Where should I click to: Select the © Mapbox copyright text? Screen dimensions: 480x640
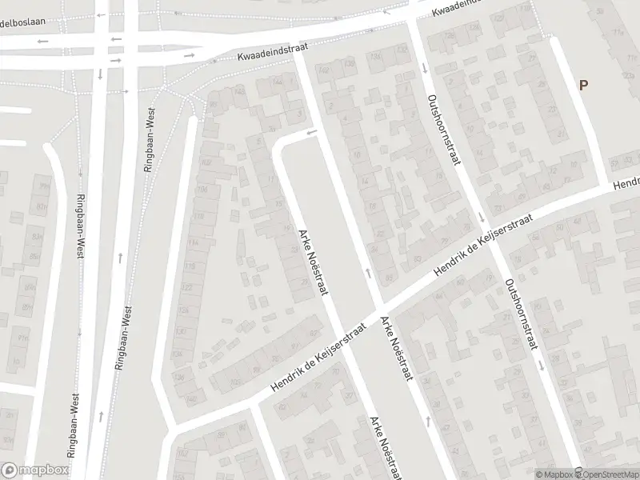(554, 474)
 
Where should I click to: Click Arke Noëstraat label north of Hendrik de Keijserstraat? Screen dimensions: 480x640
(314, 261)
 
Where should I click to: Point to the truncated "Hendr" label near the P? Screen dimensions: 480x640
(626, 181)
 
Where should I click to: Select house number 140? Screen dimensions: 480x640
(191, 398)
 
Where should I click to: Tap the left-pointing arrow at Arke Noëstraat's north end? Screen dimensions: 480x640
(311, 132)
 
